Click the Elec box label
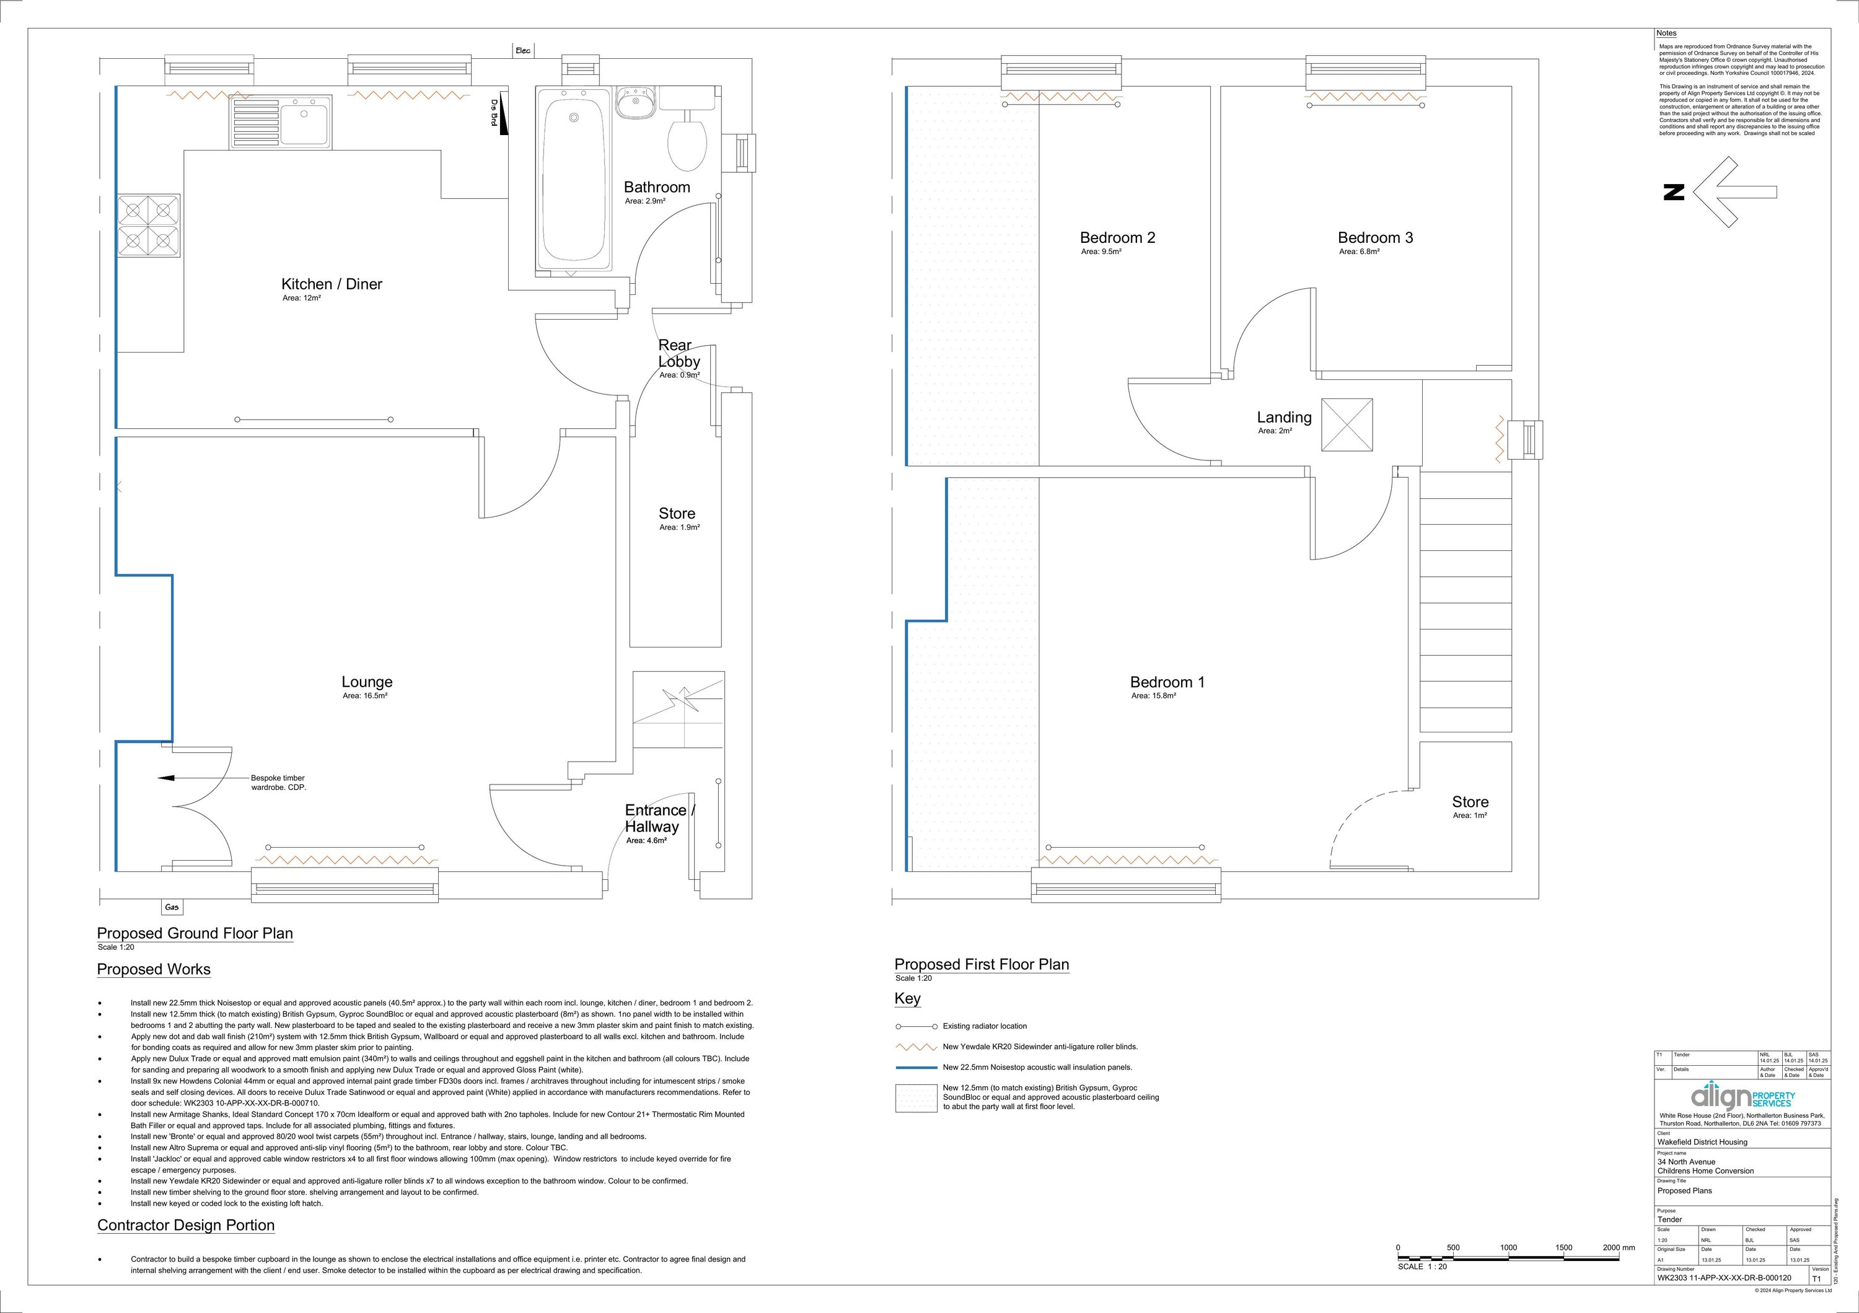point(523,51)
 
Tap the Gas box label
point(172,907)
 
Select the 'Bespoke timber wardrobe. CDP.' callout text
point(278,782)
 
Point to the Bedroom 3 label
point(1375,237)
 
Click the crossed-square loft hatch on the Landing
point(1347,425)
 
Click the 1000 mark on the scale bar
point(1508,1247)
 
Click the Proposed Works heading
point(154,970)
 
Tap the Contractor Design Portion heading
point(187,1226)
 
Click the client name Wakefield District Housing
point(1702,1142)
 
